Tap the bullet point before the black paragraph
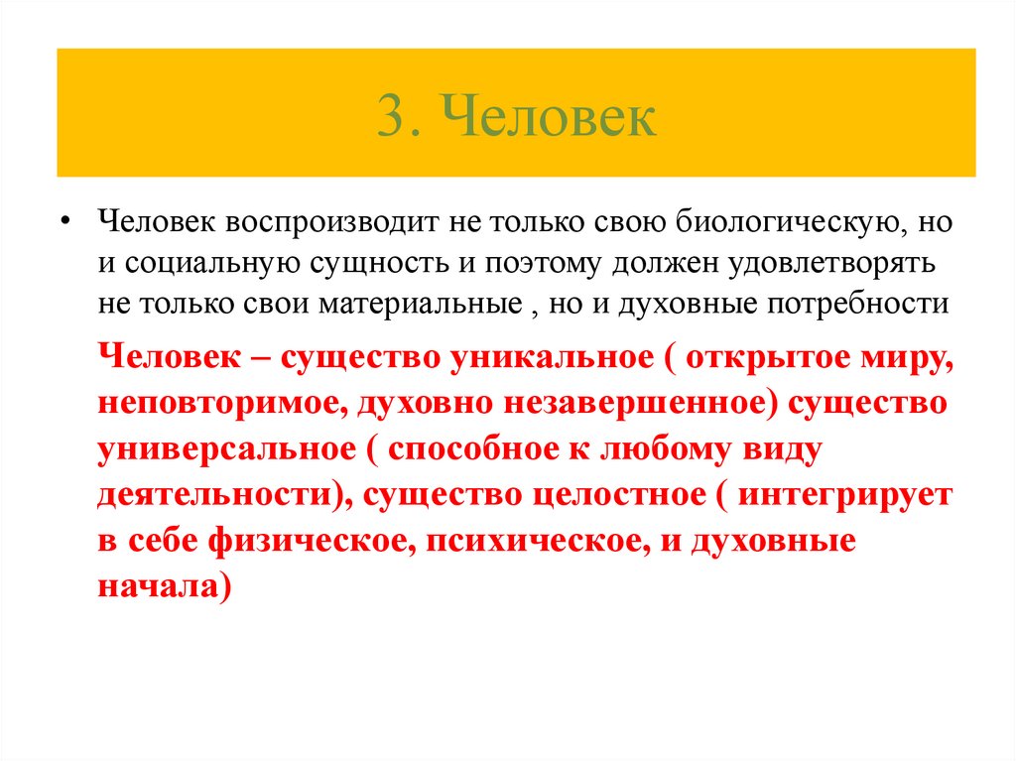(x=64, y=221)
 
